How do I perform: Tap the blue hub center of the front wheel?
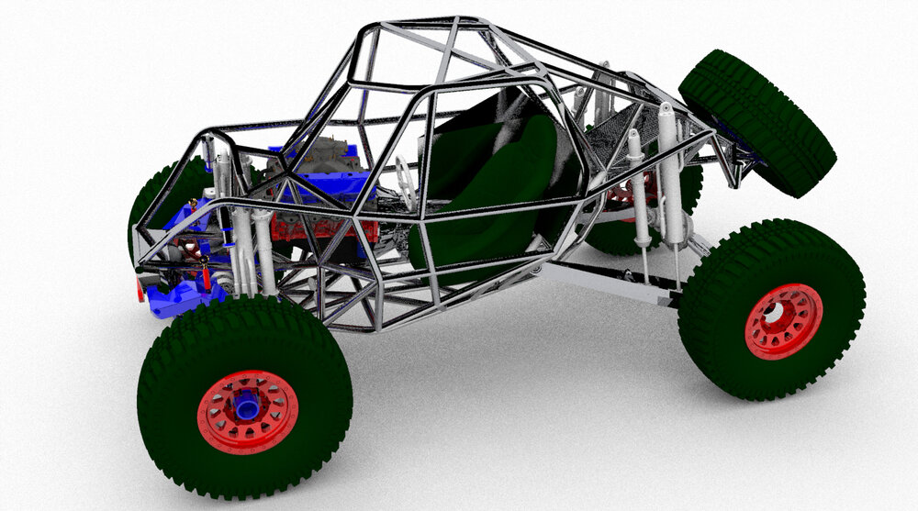246,407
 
